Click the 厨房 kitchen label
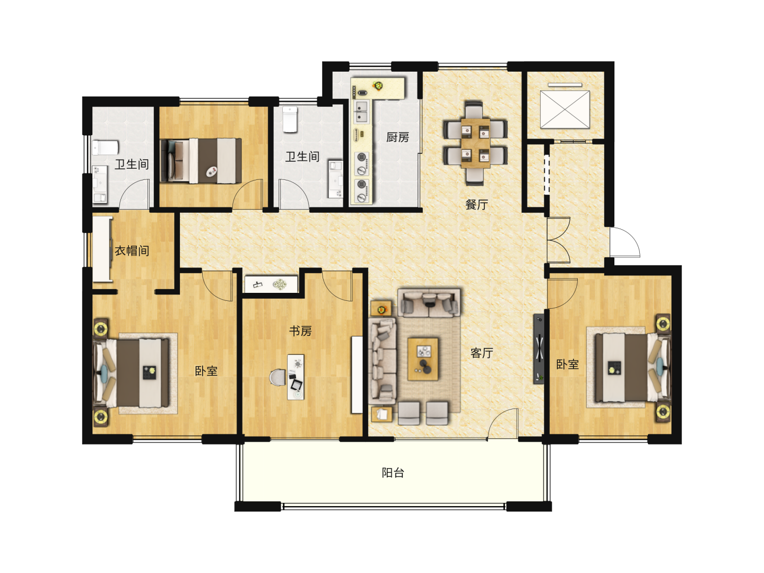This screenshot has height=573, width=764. [397, 137]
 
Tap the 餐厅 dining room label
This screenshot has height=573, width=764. [476, 205]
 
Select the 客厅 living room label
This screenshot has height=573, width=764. [482, 353]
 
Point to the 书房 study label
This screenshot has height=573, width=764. [300, 331]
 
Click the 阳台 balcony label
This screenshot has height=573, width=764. [393, 473]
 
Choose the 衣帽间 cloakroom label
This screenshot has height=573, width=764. [132, 250]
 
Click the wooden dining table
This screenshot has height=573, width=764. [475, 143]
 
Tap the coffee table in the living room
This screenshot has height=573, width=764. [423, 359]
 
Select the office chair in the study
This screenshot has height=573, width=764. [278, 378]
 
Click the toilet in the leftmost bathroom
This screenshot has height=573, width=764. [105, 148]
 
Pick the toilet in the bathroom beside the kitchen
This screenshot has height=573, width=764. [290, 119]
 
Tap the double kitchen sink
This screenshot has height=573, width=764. [361, 112]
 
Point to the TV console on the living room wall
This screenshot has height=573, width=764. [539, 349]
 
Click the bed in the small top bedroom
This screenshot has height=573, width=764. [201, 160]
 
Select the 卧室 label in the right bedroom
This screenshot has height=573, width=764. [567, 364]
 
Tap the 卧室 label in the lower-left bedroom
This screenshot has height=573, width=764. [206, 371]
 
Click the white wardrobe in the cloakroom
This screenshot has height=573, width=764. [102, 249]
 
